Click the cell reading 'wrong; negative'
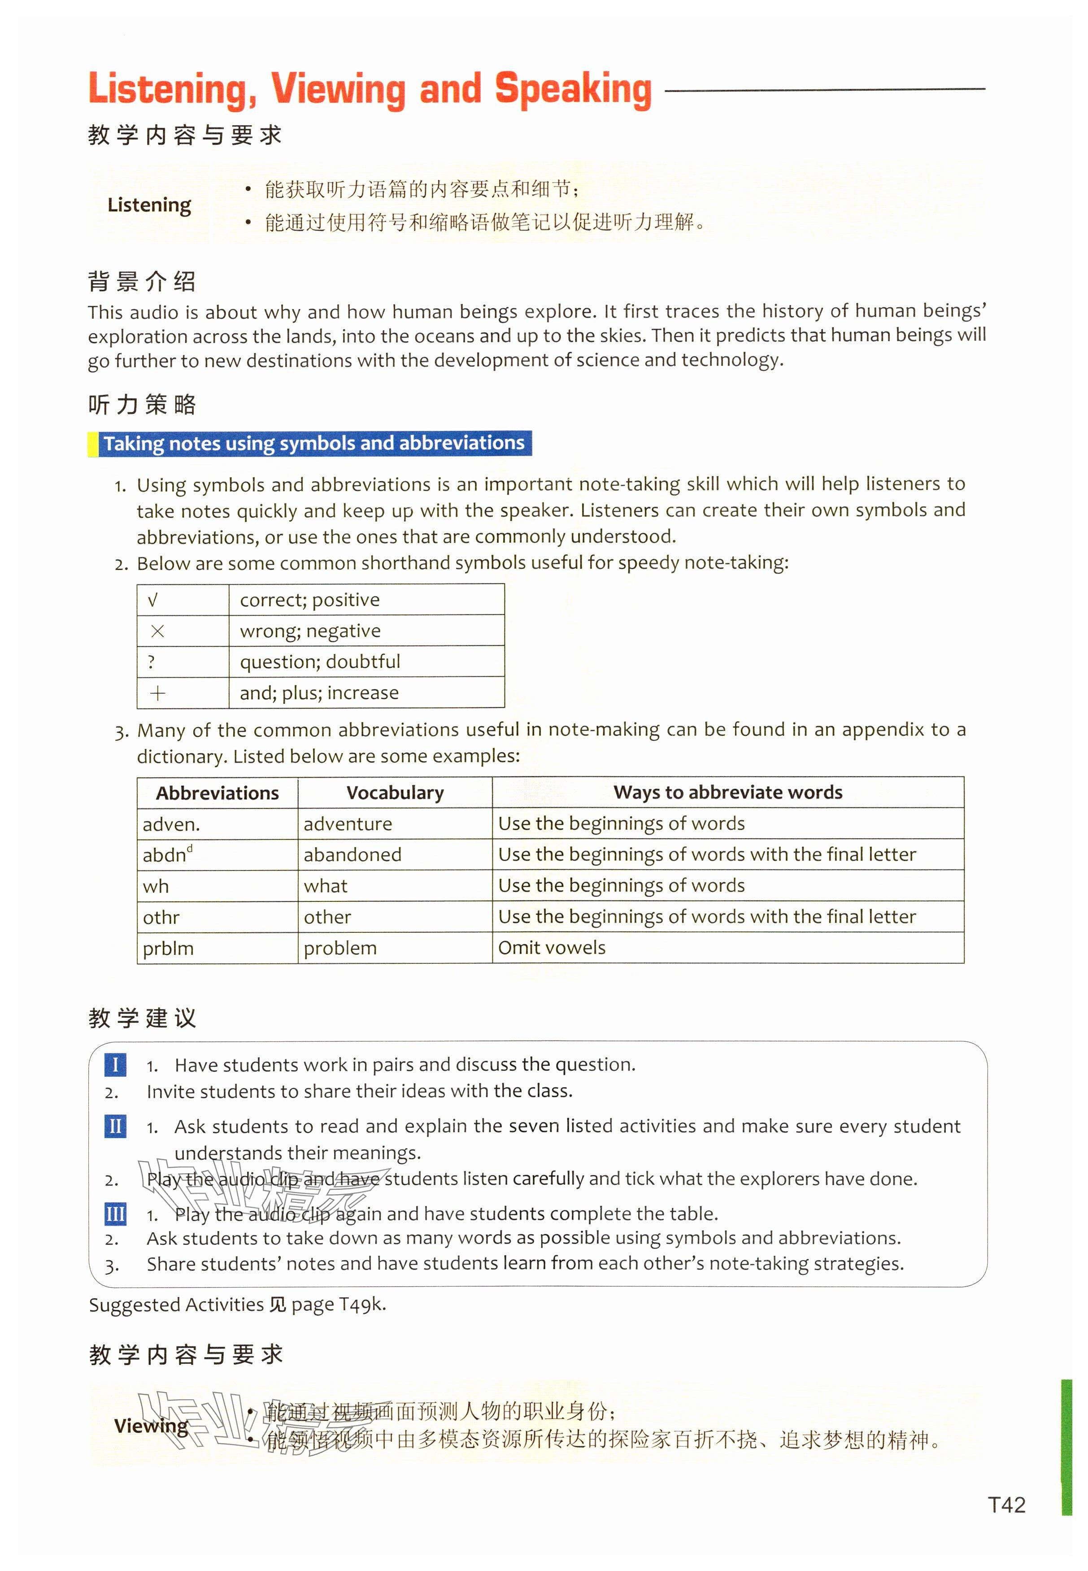click(x=310, y=631)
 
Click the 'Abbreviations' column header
click(x=218, y=792)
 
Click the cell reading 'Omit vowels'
click(x=552, y=947)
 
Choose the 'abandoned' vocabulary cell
click(x=353, y=855)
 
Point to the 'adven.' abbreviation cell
click(x=171, y=824)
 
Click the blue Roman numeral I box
click(x=115, y=1065)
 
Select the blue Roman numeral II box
click(x=115, y=1126)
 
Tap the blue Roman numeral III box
click(x=115, y=1214)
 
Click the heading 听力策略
click(x=143, y=405)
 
